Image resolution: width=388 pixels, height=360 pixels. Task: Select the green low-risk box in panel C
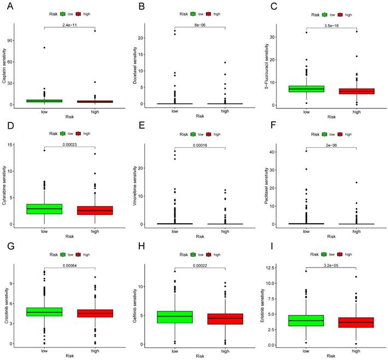[x=306, y=89]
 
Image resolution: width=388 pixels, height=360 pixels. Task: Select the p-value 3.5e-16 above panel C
[x=331, y=25]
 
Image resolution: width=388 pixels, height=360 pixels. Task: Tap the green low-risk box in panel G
[x=44, y=312]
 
